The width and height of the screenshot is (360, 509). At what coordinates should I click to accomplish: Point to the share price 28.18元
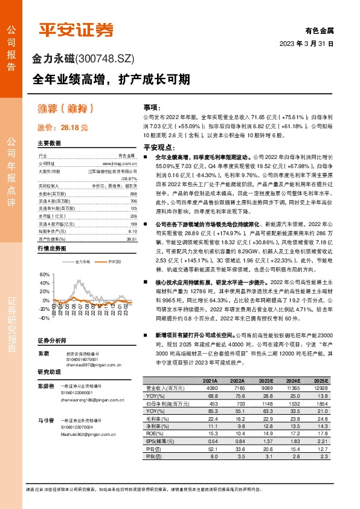point(62,128)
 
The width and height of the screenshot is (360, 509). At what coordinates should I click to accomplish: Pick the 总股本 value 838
point(133,193)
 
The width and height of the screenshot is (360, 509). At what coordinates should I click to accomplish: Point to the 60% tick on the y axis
point(44,274)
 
